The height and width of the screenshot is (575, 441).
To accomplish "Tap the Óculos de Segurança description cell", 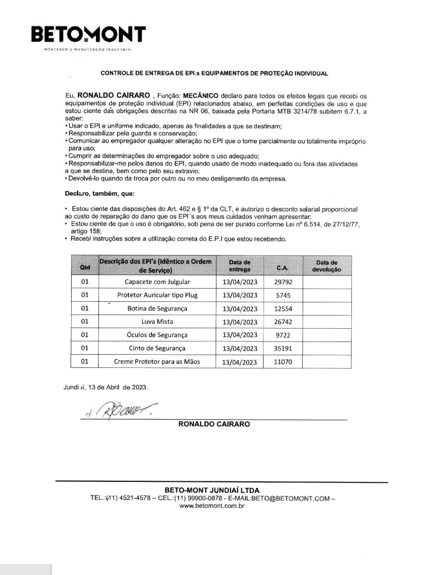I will (x=157, y=335).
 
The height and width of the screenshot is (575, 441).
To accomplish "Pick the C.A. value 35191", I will (x=283, y=349).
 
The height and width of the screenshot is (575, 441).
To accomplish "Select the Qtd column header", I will (x=85, y=267).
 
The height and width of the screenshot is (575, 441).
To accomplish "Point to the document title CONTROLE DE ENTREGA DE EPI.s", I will (x=214, y=73).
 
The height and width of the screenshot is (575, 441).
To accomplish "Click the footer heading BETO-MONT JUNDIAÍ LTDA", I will (x=212, y=490).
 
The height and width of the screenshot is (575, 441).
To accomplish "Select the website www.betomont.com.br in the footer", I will (x=212, y=506).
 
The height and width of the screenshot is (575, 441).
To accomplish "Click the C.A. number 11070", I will (x=283, y=362).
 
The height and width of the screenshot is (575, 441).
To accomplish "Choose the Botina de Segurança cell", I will (x=157, y=309).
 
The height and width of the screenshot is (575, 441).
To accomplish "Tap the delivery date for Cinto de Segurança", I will (x=240, y=349).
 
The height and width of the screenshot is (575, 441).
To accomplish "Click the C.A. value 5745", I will (x=283, y=296).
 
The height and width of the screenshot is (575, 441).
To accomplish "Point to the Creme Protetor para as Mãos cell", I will (x=157, y=362).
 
